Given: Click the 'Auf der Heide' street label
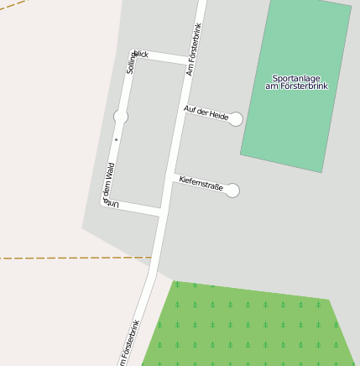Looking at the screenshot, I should click(206, 112).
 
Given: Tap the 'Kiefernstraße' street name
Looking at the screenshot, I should click(201, 183).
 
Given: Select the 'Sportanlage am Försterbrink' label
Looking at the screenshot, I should click(296, 81).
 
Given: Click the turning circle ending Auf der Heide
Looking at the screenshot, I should click(236, 119).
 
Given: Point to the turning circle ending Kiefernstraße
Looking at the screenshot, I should click(232, 191).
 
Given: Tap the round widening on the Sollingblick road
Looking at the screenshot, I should click(121, 117).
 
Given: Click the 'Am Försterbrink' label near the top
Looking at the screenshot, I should click(195, 49).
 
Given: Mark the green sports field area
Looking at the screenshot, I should click(294, 118).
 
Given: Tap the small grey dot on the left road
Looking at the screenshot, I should click(117, 139).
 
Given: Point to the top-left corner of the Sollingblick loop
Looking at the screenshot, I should click(132, 53).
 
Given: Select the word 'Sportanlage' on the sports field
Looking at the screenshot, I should click(296, 77).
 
